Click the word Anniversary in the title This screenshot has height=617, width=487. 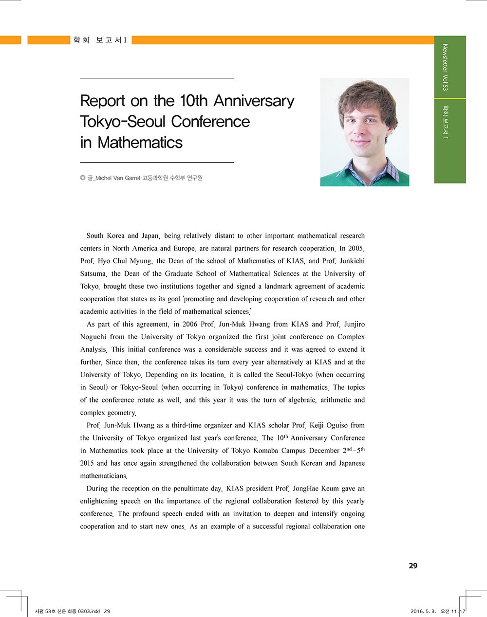(254, 101)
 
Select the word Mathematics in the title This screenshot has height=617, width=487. (140, 143)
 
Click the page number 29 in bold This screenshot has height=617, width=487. (413, 566)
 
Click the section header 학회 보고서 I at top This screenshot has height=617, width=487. (100, 40)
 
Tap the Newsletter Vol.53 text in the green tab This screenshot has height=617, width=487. (445, 67)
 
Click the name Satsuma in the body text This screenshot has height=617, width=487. (93, 274)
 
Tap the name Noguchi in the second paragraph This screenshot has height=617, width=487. (93, 337)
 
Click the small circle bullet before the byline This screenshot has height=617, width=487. (83, 178)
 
